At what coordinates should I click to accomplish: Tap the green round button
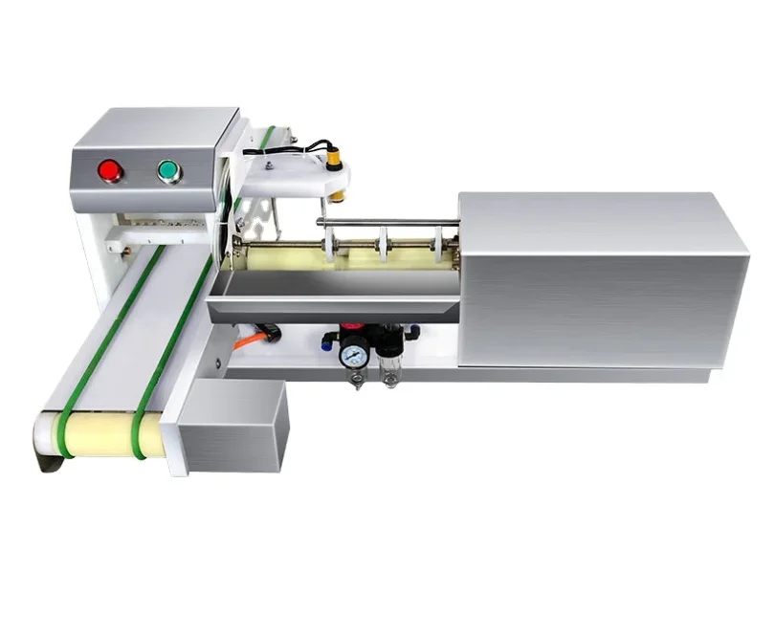tap(169, 171)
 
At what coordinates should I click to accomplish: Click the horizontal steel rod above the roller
tap(387, 222)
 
